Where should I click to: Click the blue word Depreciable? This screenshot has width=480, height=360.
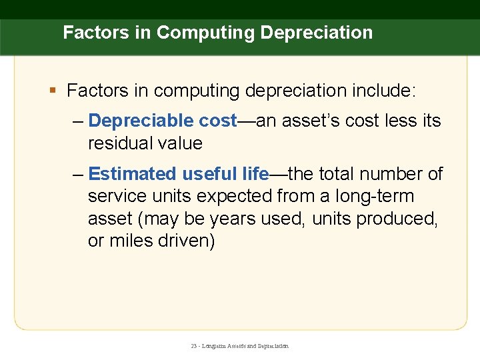(x=141, y=121)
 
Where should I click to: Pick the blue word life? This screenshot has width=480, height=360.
(x=255, y=174)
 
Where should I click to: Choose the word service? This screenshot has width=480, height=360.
(x=116, y=197)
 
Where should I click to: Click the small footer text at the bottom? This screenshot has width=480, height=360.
(x=239, y=346)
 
